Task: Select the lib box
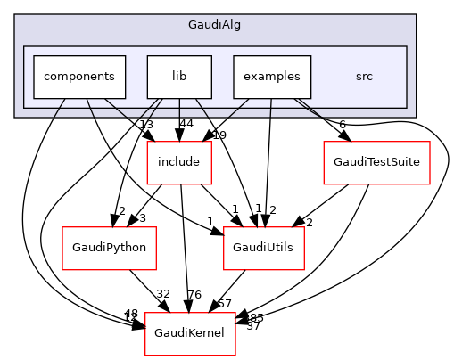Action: click(x=178, y=77)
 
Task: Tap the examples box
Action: click(x=271, y=77)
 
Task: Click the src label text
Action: click(x=364, y=77)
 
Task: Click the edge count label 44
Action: click(x=186, y=123)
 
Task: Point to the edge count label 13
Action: click(x=147, y=123)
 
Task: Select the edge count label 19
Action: click(x=219, y=135)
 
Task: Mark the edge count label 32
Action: click(x=163, y=293)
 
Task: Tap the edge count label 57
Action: click(x=226, y=305)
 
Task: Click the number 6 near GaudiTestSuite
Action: click(x=342, y=124)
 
